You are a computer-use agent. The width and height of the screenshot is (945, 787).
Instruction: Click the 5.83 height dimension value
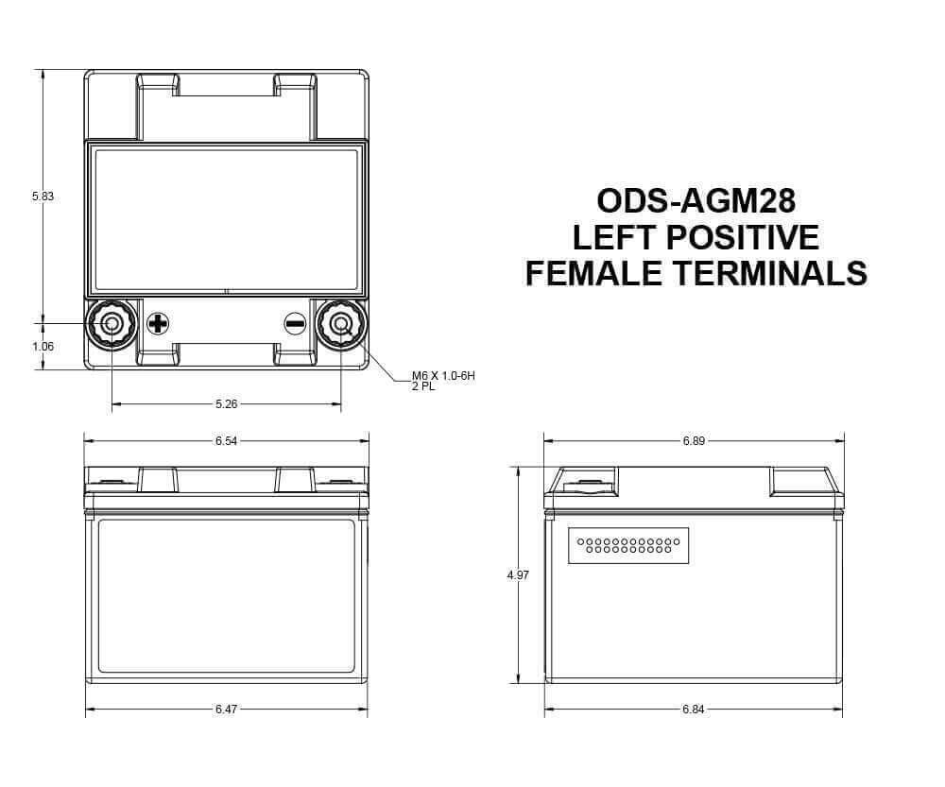click(43, 197)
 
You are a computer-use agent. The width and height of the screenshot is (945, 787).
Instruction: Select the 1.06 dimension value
click(43, 347)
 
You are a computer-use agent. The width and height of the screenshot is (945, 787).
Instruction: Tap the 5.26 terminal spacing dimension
click(227, 404)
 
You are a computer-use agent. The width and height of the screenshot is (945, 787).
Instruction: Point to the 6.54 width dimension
click(227, 441)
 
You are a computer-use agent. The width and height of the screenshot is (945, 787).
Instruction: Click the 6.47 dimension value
click(227, 709)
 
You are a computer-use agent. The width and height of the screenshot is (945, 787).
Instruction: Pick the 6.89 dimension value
click(695, 441)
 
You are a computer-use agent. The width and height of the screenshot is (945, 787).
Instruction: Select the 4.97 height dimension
click(518, 574)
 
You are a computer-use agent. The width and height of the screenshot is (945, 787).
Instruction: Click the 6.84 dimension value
click(695, 709)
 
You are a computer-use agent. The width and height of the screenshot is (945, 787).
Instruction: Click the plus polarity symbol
click(158, 324)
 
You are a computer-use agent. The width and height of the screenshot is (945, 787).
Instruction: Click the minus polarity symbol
click(295, 324)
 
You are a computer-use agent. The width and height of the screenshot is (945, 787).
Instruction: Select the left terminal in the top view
click(112, 324)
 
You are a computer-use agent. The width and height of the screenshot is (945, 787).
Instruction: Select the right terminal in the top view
click(340, 324)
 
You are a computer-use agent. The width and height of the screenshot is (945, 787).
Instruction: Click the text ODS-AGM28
click(696, 201)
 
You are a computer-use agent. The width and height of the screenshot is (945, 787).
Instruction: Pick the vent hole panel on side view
click(628, 545)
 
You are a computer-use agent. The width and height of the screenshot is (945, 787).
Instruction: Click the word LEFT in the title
click(606, 237)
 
